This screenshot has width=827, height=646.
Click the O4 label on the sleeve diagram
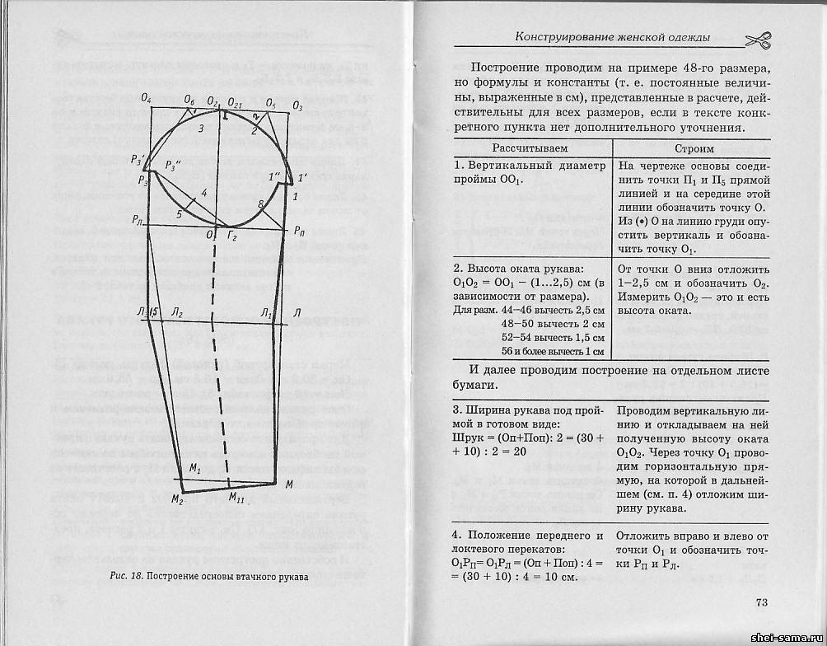147,98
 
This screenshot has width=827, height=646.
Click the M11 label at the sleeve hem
236,497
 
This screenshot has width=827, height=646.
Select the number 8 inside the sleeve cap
261,204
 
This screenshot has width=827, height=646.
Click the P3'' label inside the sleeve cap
173,165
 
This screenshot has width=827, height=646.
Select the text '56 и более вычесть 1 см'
548,351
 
